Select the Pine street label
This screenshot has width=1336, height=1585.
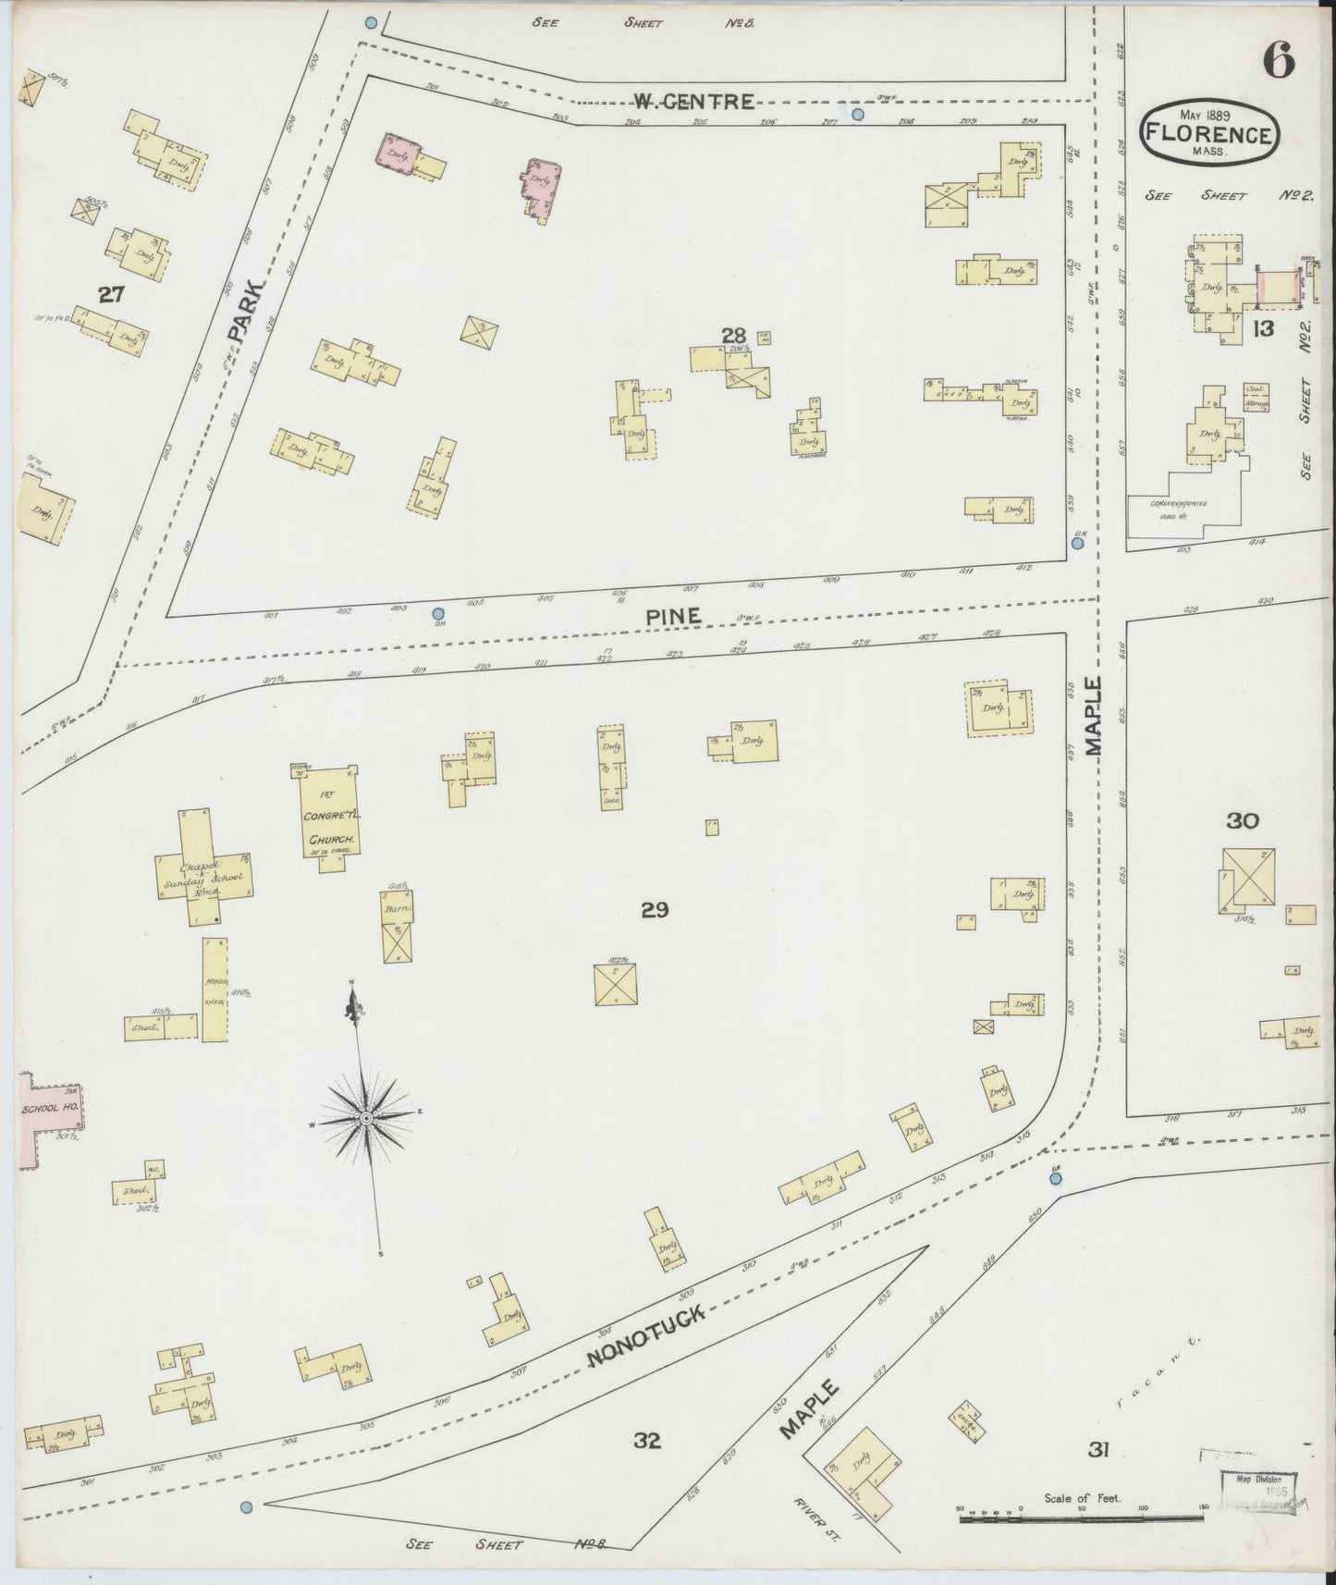680,614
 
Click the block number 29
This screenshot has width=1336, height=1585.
655,910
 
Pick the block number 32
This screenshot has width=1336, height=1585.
647,1465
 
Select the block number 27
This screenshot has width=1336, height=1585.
112,294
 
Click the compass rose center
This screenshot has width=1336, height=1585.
366,1118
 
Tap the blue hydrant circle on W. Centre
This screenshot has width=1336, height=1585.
857,115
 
